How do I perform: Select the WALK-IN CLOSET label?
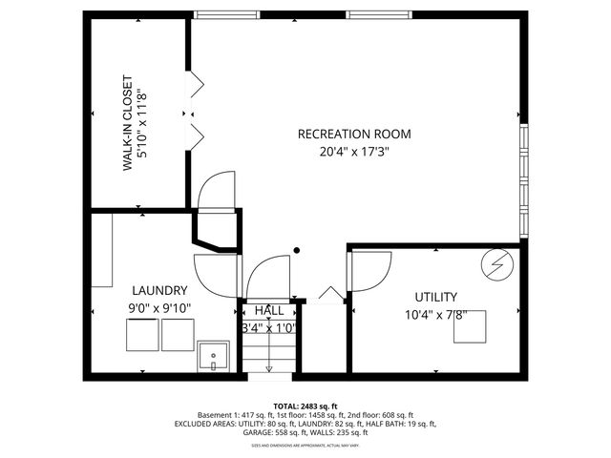pos(126,122)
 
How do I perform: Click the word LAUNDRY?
pos(159,290)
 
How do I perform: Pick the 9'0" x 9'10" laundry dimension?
pos(159,307)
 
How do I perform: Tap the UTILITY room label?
pos(435,297)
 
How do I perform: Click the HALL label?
pos(268,310)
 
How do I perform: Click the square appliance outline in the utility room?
pos(469,325)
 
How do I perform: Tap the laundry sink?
pos(214,355)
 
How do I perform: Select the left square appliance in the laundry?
pos(142,334)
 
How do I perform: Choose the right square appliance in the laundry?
pos(177,334)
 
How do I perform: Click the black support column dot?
pos(297,251)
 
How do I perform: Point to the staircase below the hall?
pos(268,354)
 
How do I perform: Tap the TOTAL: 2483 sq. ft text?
pos(305,406)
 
